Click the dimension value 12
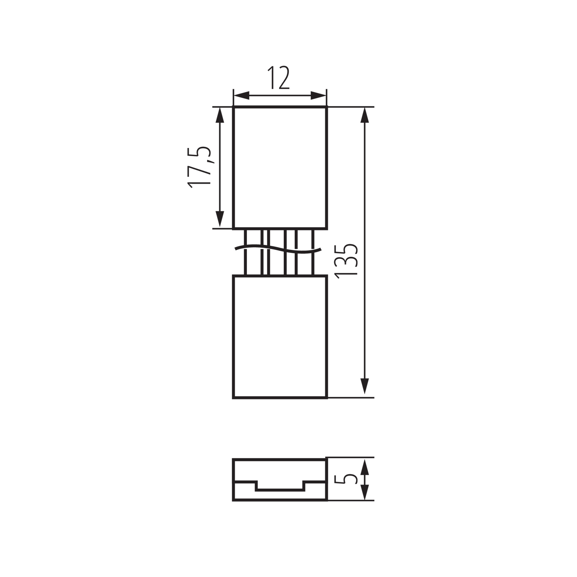tap(278, 77)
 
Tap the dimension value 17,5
tap(199, 167)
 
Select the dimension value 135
tap(346, 261)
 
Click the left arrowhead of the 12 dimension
tap(241, 95)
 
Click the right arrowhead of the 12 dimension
tap(318, 95)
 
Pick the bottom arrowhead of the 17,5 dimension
tap(220, 219)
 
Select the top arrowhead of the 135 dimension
tap(365, 115)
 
